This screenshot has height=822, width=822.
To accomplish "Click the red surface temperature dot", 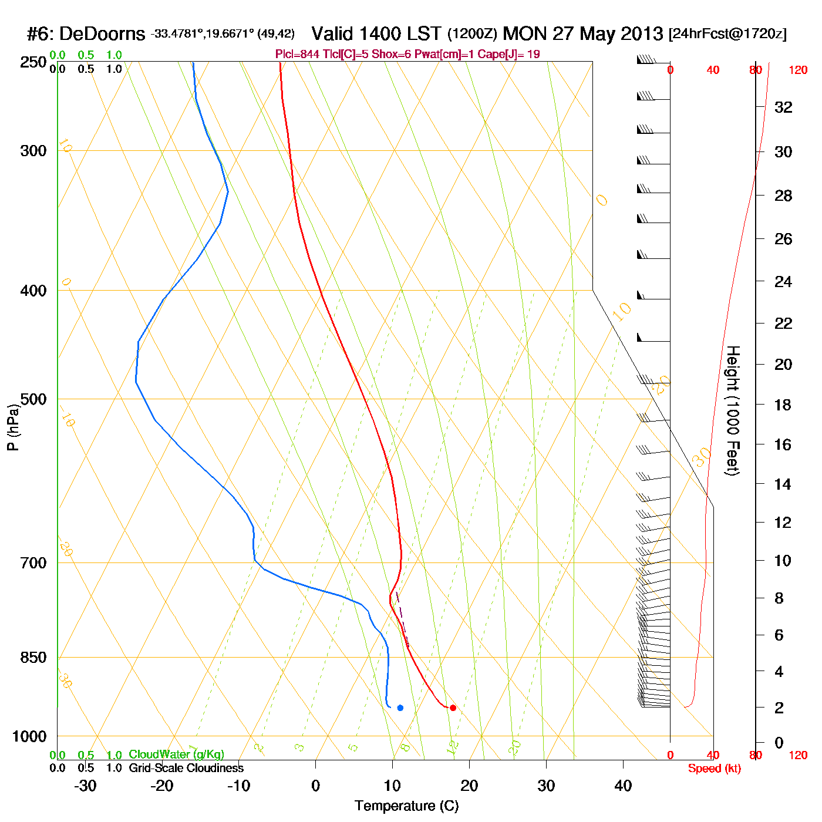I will tap(453, 708).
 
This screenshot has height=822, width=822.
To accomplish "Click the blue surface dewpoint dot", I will tap(400, 708).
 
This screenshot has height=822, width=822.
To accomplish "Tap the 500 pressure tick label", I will tap(33, 399).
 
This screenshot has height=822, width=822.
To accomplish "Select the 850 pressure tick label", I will tap(33, 658).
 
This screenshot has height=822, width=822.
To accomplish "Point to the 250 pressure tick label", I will tap(33, 62).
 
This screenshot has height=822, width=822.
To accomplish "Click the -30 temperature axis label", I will tap(85, 786).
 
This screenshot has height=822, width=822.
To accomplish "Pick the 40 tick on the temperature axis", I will tap(623, 786).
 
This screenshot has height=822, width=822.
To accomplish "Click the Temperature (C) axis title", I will tap(406, 806).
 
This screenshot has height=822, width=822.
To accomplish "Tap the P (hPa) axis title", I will tap(13, 427).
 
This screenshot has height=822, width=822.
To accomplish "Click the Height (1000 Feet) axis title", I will tap(733, 410).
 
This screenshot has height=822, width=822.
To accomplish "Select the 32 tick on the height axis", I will tap(783, 107).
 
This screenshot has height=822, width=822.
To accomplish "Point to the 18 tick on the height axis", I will tap(783, 405).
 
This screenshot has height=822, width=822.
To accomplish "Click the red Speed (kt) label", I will tap(714, 769).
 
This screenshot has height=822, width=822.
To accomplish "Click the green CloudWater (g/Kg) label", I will tap(176, 754).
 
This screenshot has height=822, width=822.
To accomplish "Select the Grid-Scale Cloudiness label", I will tap(186, 768).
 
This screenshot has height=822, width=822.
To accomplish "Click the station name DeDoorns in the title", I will tap(102, 34).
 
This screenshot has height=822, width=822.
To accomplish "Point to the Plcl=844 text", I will tap(298, 54).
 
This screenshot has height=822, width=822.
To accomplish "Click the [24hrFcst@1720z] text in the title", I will tap(727, 34).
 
